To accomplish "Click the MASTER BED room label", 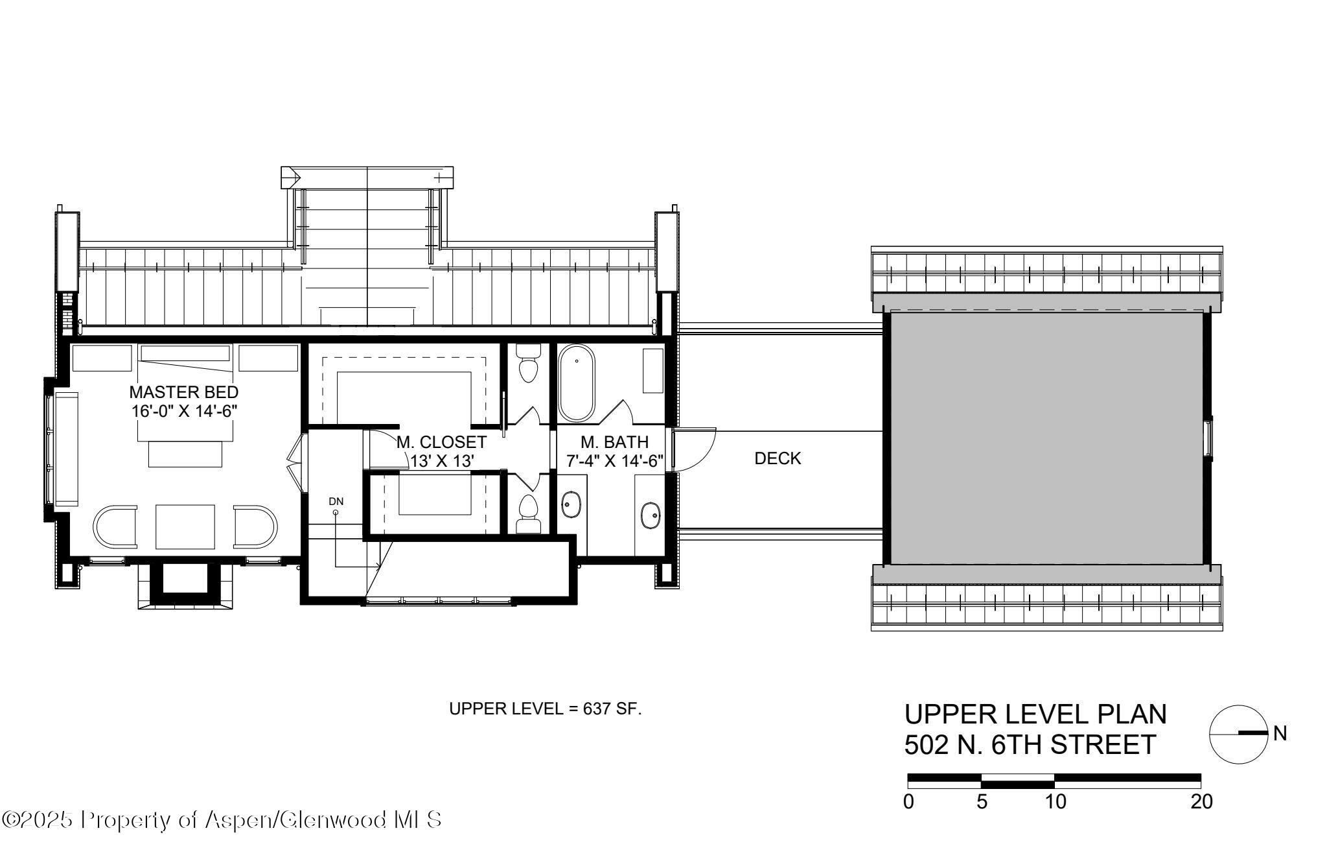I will pos(184,392).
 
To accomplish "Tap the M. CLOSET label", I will pos(441,442).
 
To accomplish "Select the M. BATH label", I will pos(614,442).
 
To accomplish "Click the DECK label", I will pos(778,458).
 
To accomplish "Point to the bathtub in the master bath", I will pos(576,382).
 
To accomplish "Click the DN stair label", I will pos(336,501).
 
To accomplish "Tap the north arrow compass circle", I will pos(1238,733).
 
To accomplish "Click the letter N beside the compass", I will pos(1280,733).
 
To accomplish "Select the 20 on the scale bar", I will pos(1201,802).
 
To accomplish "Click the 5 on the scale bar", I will pos(982,802).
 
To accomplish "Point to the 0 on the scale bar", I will pos(909,802).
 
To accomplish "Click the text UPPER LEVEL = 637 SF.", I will pos(545,709).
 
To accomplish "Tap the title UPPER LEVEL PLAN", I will pos(1035,714).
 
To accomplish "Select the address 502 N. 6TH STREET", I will pos(1030,745).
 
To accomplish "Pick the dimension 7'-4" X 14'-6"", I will pos(615,461).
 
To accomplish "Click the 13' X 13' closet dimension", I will pos(443,461).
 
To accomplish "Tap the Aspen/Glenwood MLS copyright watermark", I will pos(222,820).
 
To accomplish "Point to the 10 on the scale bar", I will pos(1055,802).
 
